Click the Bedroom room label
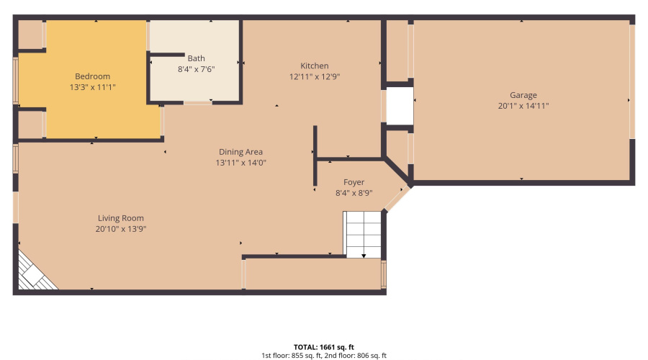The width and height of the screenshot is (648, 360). (x=92, y=76)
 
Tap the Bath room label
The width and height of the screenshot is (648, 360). (x=197, y=58)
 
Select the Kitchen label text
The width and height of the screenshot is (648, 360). (x=315, y=66)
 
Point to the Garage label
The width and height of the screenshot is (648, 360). (x=523, y=95)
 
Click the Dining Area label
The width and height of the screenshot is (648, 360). (x=240, y=152)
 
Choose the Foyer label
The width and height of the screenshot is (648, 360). (x=354, y=182)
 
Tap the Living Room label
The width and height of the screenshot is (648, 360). (x=121, y=218)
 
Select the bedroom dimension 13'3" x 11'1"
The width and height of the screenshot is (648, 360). (x=92, y=86)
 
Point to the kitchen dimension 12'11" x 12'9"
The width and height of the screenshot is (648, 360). (x=315, y=76)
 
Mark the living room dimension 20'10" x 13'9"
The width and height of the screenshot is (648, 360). (x=121, y=228)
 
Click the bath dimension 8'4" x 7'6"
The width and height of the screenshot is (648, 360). (x=197, y=69)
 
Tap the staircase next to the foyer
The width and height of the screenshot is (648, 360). (x=363, y=234)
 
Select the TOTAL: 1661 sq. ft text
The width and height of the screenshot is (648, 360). (x=323, y=346)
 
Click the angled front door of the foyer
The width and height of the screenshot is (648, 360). (x=397, y=199)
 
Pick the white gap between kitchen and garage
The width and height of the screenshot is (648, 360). (x=400, y=106)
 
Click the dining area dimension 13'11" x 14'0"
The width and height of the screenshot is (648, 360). (x=240, y=163)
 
